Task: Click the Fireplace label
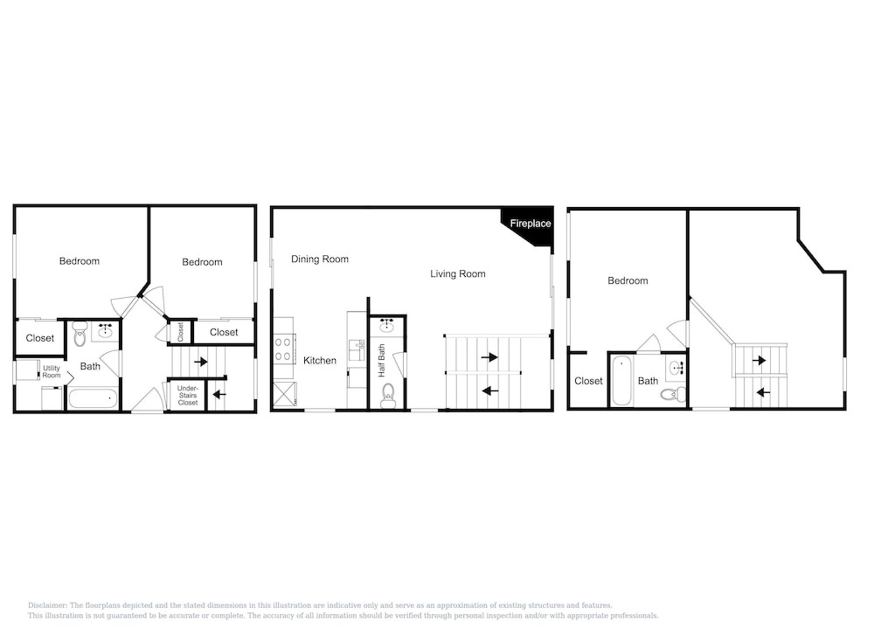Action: coord(531,224)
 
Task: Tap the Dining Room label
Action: coord(320,259)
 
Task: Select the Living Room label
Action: coord(458,274)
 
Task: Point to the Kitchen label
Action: coord(320,361)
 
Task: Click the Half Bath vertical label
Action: coord(382,360)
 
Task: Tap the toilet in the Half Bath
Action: coord(388,396)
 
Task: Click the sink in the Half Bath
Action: coord(387,325)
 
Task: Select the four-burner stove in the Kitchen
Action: coord(284,349)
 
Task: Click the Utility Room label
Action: coord(52,371)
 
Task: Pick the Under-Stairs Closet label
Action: coord(188,396)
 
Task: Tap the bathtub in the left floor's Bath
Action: coord(93,398)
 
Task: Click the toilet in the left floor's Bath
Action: coord(80,335)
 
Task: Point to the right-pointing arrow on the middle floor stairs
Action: coord(489,357)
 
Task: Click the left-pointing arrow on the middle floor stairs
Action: coord(490,391)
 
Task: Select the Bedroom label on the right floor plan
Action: coord(628,280)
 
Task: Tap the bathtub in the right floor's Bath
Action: coord(621,381)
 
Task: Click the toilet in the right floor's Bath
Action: coord(674,394)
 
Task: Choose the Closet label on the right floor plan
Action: coord(588,381)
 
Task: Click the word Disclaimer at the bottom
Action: coord(47,605)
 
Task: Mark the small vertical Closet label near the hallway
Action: coord(180,332)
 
